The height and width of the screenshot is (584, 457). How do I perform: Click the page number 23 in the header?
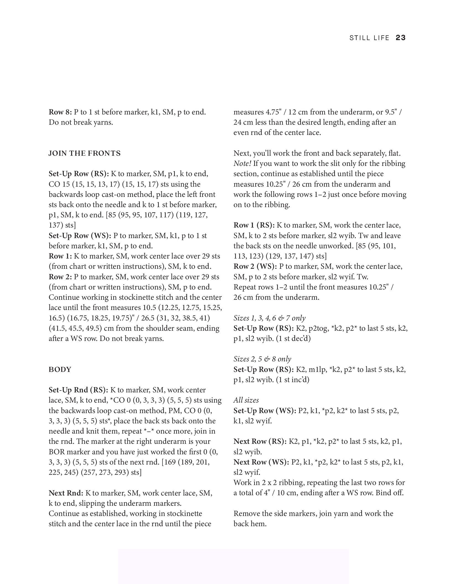pos(400,38)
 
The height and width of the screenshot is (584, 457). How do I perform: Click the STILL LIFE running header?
pos(369,38)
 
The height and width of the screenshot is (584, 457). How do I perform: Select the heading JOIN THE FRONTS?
pos(85,153)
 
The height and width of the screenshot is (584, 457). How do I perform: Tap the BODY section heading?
pos(60,369)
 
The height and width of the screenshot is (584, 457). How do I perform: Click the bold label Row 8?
pos(60,112)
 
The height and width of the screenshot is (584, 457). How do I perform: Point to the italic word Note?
pos(242,163)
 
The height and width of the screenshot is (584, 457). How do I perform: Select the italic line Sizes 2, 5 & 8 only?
pos(262,359)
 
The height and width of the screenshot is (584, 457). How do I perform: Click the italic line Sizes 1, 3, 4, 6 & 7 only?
pos(269,318)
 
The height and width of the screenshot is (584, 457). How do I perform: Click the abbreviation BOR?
pos(57,452)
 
